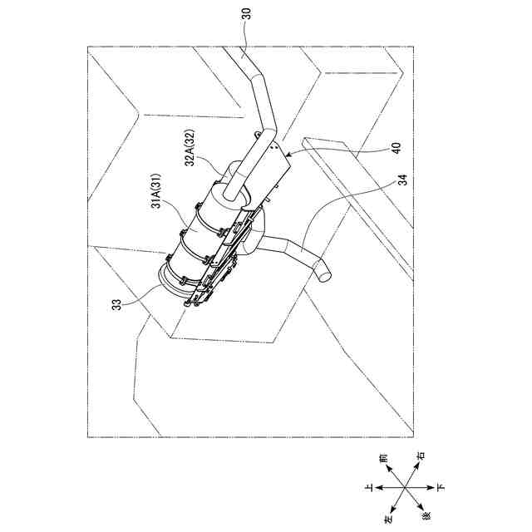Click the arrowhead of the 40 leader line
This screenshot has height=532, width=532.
pyautogui.click(x=288, y=154)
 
